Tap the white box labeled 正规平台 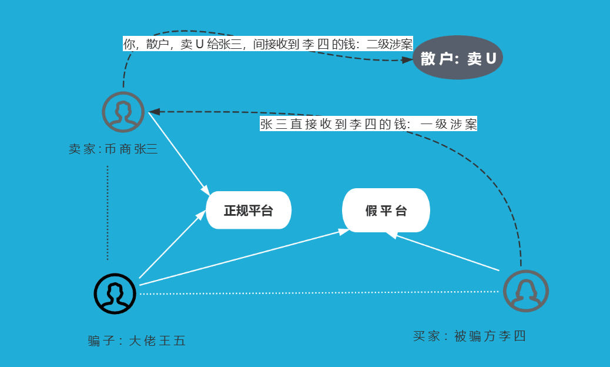[x=249, y=211]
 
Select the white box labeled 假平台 [x=386, y=211]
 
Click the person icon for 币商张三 [x=123, y=112]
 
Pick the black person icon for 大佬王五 [x=115, y=293]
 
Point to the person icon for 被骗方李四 [x=525, y=291]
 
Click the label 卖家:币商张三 [x=113, y=149]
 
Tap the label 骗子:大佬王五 [x=137, y=341]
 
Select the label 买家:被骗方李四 [x=469, y=336]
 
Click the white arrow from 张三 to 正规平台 [x=178, y=152]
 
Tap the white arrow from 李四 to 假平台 [x=447, y=252]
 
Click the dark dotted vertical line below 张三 [x=108, y=212]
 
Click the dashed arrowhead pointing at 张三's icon [x=153, y=111]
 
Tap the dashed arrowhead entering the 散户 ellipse [x=407, y=59]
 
